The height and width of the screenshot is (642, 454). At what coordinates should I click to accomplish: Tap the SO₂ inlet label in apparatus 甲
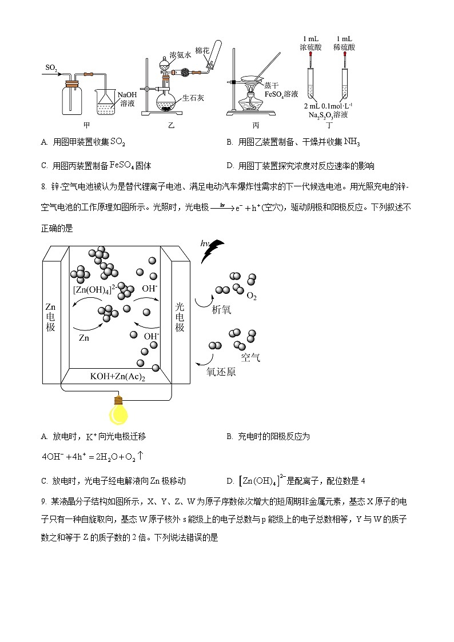[x=51, y=68]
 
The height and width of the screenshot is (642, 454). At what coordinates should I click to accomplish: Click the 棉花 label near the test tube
[x=202, y=51]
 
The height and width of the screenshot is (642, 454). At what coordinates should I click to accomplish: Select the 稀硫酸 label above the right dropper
[x=345, y=42]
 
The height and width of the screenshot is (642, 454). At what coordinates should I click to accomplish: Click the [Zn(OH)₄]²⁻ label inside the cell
[x=94, y=289]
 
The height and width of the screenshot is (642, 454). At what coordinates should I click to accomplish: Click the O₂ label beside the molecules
[x=251, y=296]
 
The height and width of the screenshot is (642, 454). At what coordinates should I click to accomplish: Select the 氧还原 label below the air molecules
[x=221, y=372]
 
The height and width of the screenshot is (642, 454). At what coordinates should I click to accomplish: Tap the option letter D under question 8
[x=230, y=481]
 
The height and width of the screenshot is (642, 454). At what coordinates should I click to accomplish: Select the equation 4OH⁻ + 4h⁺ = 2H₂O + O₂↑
[x=92, y=457]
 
